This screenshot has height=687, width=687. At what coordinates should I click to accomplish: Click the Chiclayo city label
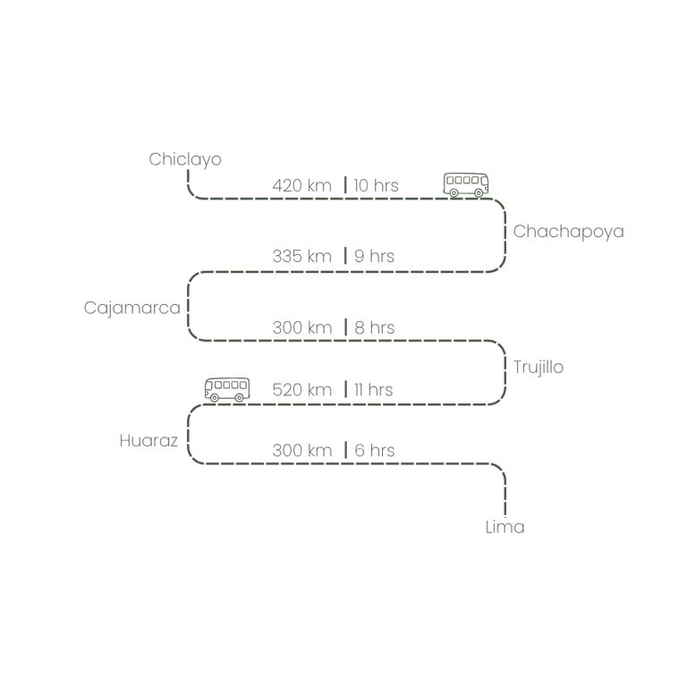184,160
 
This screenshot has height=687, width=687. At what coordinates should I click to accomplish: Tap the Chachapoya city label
568,232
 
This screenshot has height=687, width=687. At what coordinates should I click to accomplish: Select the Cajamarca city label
131,308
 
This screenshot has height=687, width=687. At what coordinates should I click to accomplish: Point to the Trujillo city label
539,368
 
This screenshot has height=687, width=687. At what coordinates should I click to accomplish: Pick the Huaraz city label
148,441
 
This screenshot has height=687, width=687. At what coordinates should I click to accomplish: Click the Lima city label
505,527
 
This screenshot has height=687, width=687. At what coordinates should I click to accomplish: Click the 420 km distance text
301,186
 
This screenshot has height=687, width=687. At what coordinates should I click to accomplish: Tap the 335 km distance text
301,257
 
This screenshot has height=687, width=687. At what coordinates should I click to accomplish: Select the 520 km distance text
301,390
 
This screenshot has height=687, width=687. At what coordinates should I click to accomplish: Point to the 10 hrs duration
376,186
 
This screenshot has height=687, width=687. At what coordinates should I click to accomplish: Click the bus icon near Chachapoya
466,184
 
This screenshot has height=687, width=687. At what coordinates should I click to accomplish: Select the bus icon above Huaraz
227,389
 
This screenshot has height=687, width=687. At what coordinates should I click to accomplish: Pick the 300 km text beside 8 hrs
301,327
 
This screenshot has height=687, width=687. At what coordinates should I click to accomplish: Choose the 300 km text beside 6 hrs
301,451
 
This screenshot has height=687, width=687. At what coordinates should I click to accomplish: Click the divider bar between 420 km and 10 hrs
344,186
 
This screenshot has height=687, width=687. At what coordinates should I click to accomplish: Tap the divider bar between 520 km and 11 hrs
344,390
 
